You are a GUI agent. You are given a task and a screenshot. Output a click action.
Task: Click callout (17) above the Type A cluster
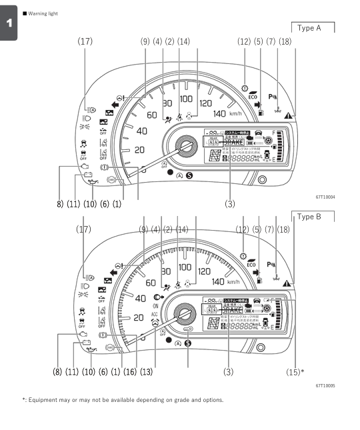tap(85, 41)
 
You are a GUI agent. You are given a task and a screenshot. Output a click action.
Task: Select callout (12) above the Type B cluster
tap(243, 228)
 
